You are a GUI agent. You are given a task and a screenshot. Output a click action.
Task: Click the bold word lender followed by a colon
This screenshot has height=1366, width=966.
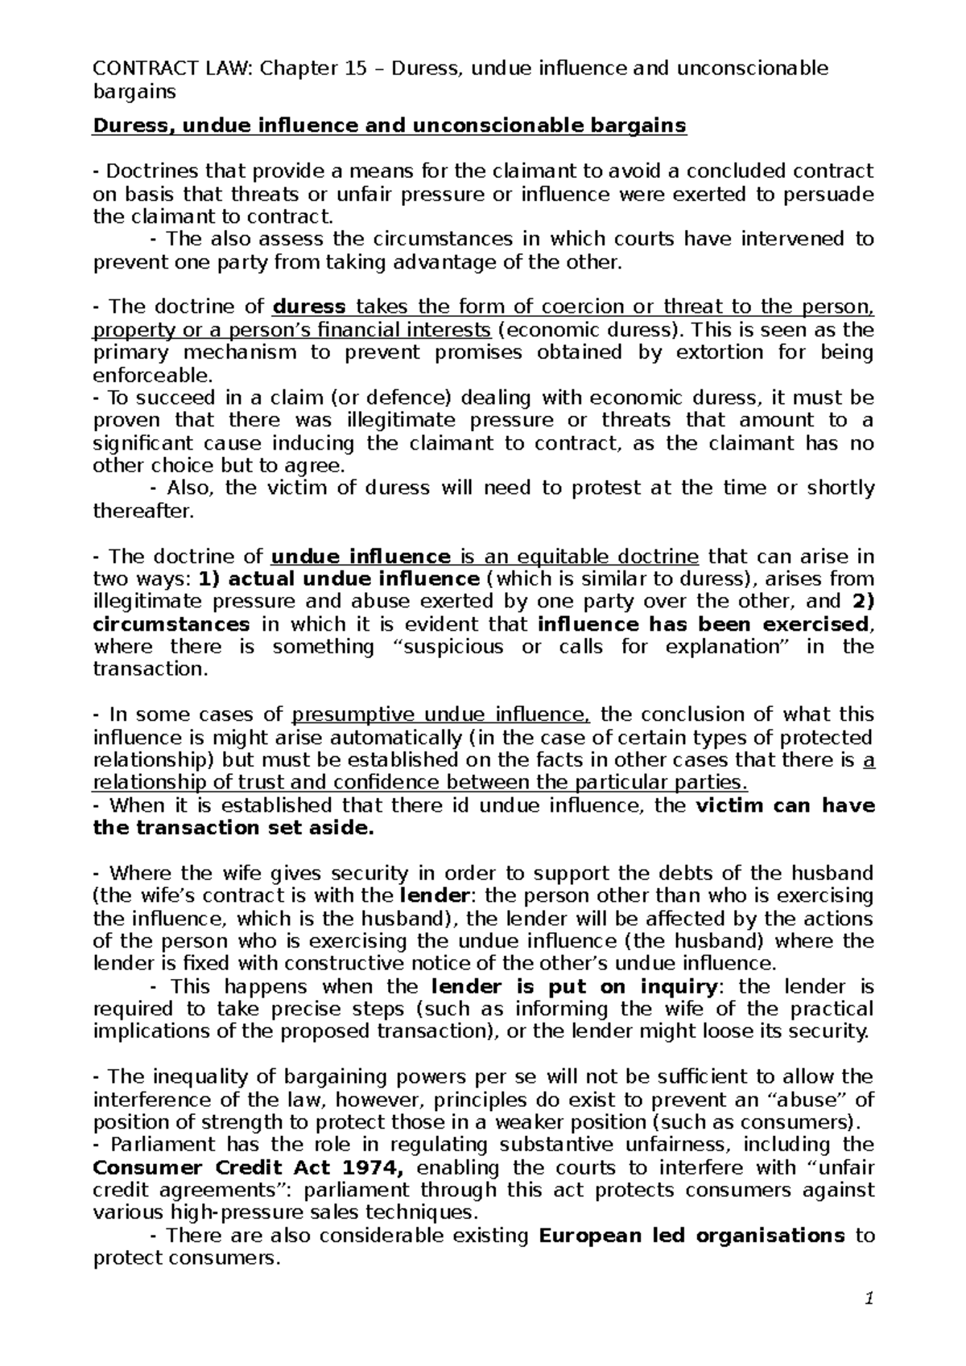435,895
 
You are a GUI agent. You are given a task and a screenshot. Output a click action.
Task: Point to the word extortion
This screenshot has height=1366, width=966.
716,352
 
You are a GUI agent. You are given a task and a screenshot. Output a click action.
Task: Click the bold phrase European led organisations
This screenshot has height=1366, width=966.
691,1235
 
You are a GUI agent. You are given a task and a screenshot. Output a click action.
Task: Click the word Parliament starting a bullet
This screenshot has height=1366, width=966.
150,1145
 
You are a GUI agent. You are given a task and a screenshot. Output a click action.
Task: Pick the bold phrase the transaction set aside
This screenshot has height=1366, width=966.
234,828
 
